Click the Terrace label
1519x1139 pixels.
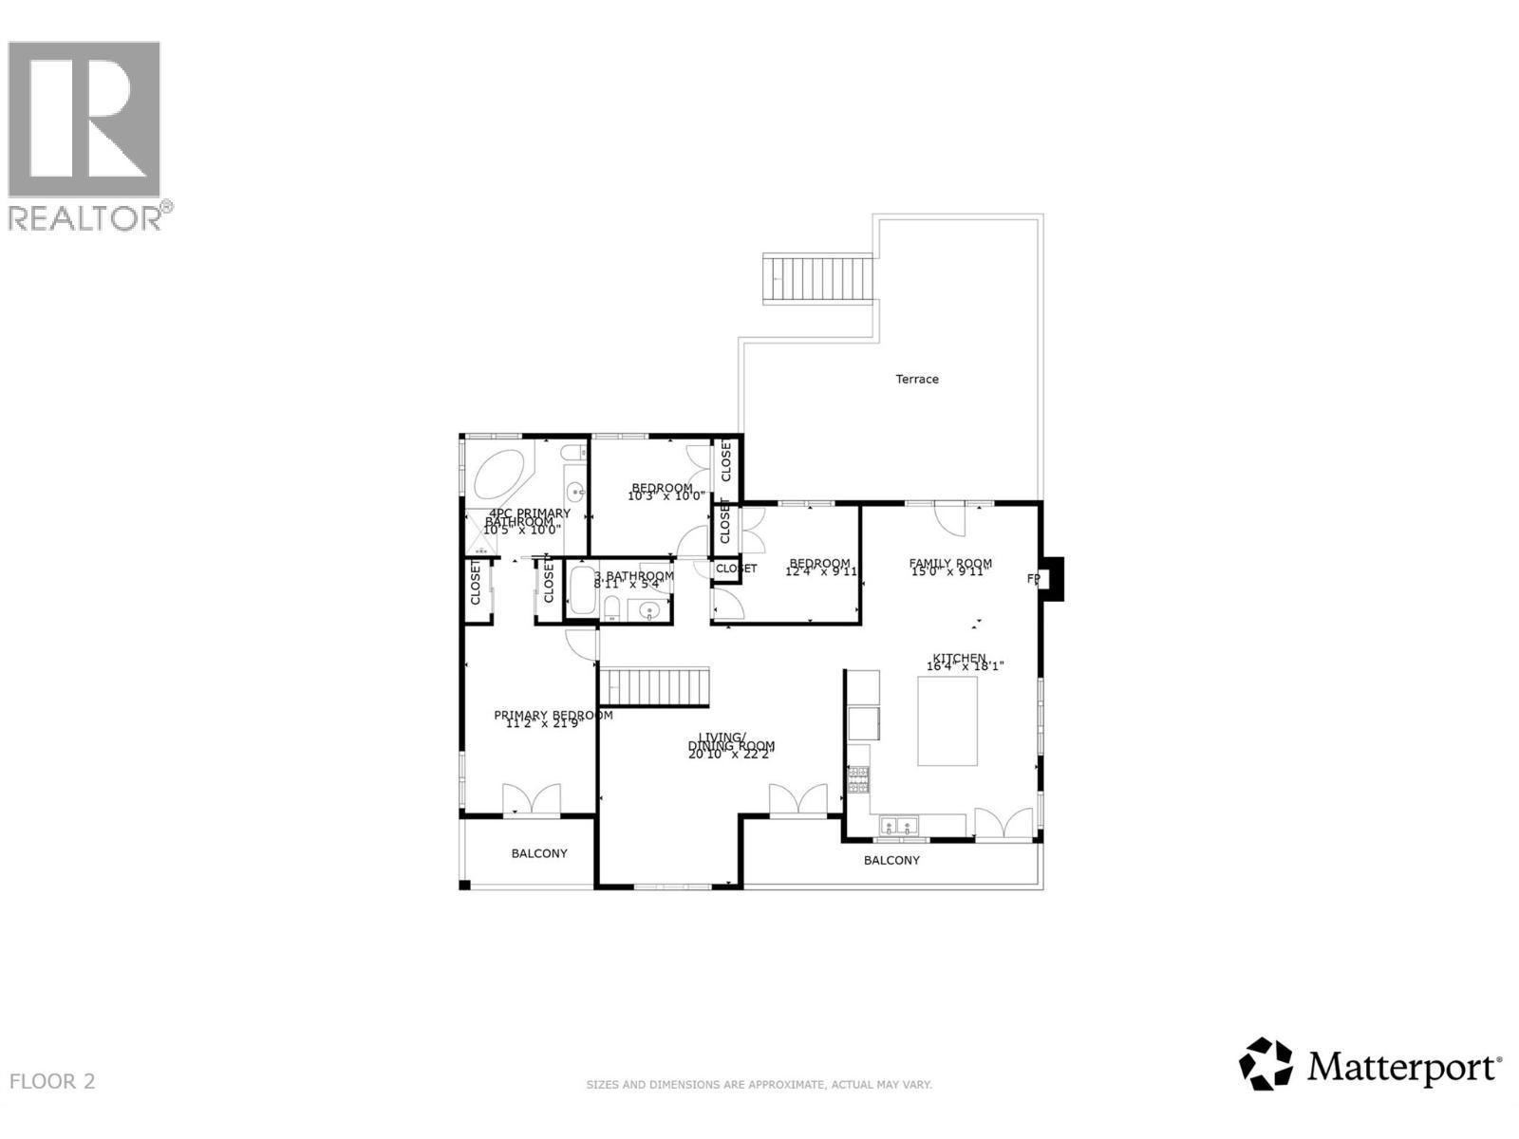click(x=917, y=380)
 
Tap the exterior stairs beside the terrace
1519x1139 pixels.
click(x=818, y=278)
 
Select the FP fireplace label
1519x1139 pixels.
click(x=1033, y=579)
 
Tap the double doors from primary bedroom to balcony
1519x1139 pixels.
click(x=531, y=799)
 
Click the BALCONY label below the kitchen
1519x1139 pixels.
click(x=891, y=861)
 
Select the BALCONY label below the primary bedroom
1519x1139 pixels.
click(x=539, y=854)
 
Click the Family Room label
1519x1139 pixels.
click(x=950, y=564)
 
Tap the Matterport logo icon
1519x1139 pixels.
click(x=1266, y=1064)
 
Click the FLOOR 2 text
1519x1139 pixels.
click(x=52, y=1081)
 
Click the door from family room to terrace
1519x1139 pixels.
click(x=949, y=518)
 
